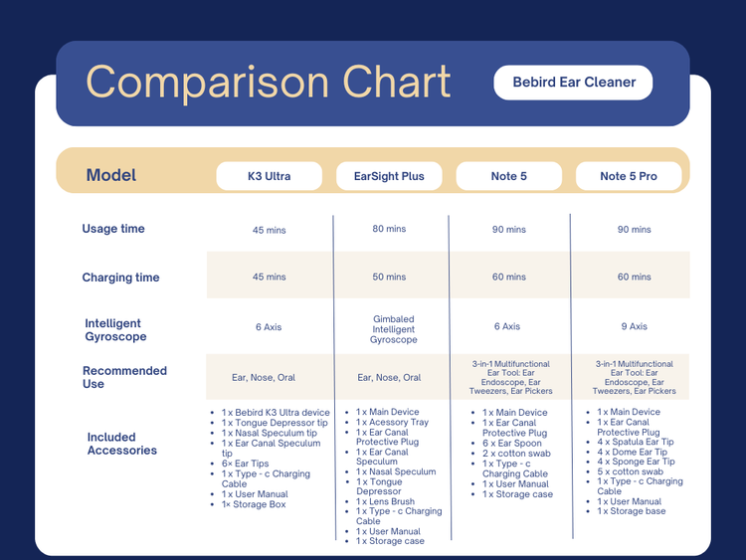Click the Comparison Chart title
[x=269, y=83]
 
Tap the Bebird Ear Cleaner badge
[x=574, y=83]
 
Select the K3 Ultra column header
[x=270, y=176]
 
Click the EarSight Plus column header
[x=389, y=176]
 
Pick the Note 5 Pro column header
[x=629, y=176]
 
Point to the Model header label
[x=111, y=175]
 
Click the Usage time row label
[x=113, y=229]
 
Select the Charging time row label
[x=120, y=278]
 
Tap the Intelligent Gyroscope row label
[x=115, y=330]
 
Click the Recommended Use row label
[x=124, y=377]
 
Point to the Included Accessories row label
[x=122, y=444]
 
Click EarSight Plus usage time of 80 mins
[x=389, y=229]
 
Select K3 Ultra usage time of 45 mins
[x=269, y=230]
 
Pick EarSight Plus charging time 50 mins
[x=389, y=278]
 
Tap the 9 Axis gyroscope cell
[x=634, y=326]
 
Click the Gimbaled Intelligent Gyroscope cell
[x=394, y=329]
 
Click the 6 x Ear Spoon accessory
[x=513, y=444]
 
